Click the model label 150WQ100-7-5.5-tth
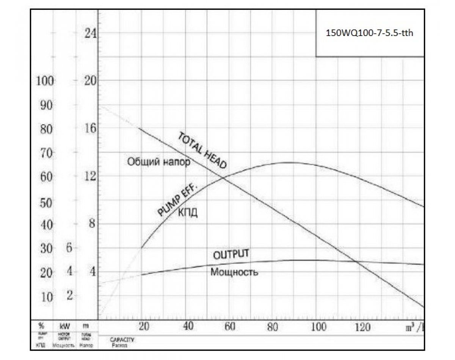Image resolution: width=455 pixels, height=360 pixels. point(369,33)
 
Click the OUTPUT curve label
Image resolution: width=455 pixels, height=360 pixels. point(231,254)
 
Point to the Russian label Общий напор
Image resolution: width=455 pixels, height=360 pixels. point(158,162)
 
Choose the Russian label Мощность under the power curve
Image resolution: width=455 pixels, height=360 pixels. point(234,272)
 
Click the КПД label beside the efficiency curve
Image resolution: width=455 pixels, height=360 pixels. point(188,213)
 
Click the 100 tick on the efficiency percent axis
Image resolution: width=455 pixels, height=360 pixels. point(45,81)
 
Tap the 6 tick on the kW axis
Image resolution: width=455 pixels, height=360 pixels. point(69,248)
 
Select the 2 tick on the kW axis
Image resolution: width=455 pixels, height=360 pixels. point(69,296)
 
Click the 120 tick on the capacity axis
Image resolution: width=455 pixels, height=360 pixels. point(363,327)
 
